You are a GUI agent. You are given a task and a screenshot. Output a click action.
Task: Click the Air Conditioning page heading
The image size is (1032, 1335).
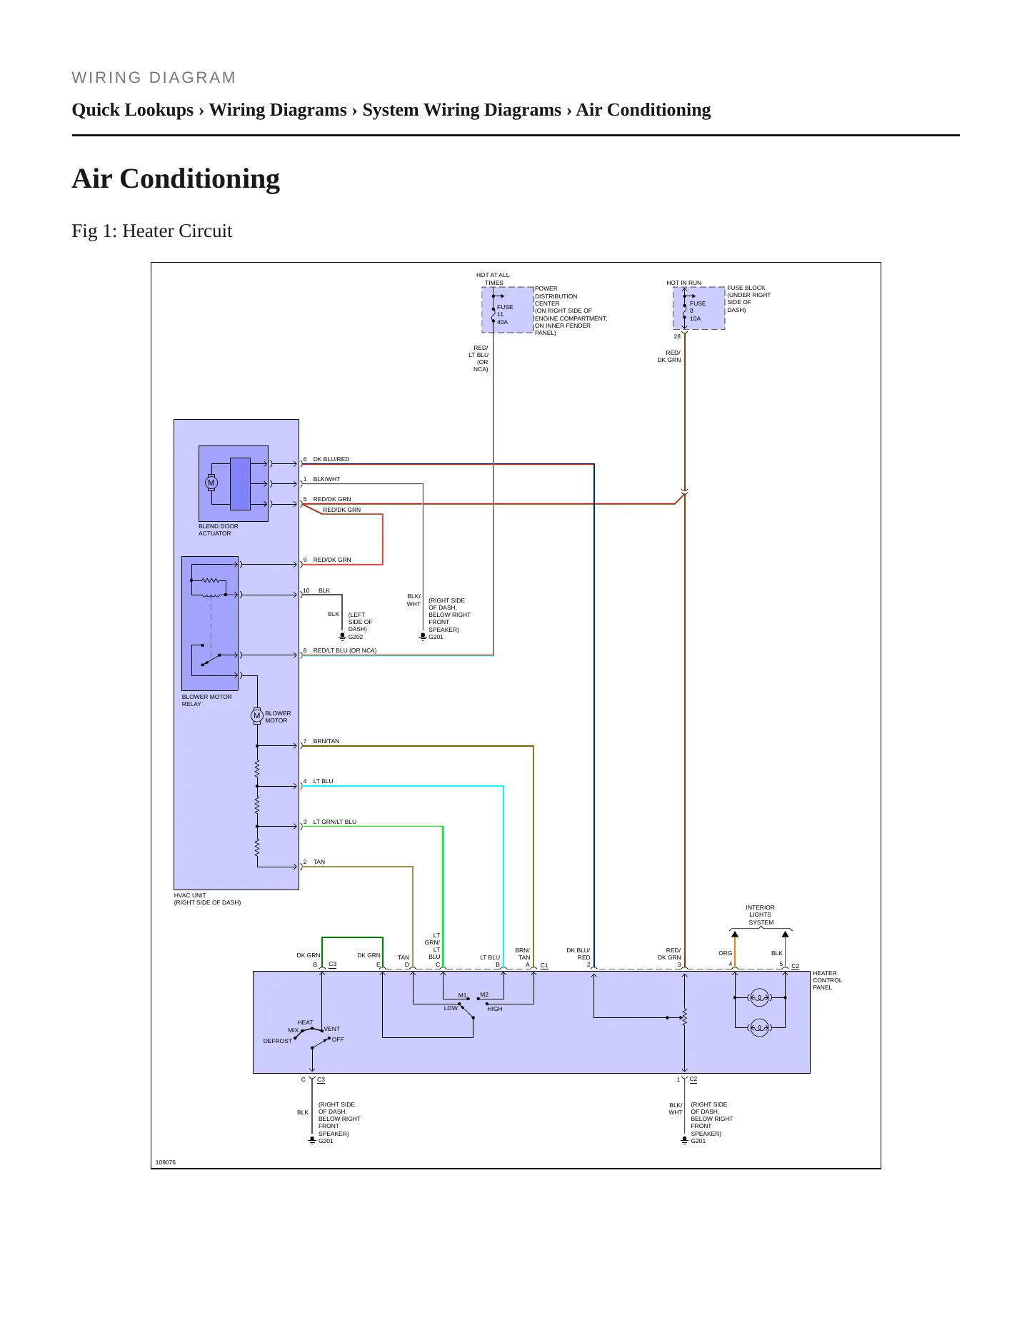176,178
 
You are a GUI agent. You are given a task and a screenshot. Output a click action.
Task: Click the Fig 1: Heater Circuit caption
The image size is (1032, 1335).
152,231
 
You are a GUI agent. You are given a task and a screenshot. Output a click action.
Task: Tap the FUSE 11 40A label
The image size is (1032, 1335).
505,314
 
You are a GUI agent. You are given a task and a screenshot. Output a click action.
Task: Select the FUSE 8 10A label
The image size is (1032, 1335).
697,311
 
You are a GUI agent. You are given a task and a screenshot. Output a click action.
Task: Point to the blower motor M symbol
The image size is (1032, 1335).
257,715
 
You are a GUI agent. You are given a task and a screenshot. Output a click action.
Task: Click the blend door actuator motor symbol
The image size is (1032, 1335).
211,483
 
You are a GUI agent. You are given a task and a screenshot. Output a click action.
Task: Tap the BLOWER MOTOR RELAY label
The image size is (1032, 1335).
206,700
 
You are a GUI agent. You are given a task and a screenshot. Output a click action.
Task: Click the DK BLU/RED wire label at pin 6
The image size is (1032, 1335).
331,459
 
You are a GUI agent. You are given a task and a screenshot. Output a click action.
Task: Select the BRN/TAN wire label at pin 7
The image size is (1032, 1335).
326,741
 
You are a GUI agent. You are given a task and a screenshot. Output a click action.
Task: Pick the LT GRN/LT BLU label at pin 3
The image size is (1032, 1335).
335,822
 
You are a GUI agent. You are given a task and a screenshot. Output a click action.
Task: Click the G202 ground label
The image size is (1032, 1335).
356,637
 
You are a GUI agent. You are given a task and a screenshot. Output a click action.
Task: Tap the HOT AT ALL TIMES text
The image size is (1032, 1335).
493,278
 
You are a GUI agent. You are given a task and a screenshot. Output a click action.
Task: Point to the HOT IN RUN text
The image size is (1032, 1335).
684,283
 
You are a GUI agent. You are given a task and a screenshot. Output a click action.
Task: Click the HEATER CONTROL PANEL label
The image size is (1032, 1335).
827,980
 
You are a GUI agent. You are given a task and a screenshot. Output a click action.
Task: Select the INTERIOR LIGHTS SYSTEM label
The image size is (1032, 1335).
761,915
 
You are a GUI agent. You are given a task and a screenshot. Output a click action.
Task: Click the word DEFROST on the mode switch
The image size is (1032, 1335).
278,1041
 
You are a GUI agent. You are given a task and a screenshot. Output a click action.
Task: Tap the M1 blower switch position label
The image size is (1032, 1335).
462,995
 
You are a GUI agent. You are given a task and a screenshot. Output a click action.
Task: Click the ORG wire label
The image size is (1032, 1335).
726,953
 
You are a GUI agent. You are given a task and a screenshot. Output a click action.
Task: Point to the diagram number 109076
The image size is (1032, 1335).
166,1162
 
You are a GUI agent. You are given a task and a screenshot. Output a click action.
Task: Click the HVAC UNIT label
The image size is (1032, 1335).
207,899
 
